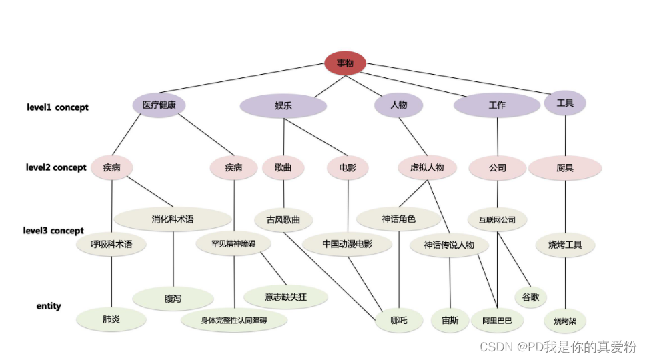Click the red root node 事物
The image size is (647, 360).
click(345, 63)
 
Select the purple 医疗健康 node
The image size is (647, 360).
click(159, 105)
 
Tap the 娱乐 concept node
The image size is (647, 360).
click(283, 106)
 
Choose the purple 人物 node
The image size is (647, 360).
click(398, 105)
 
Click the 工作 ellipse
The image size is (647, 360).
click(497, 105)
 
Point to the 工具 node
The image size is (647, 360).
click(565, 103)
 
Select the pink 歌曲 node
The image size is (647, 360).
click(283, 168)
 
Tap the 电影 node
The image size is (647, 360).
click(348, 168)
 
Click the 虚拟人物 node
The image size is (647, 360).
click(427, 167)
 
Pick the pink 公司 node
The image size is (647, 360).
click(497, 168)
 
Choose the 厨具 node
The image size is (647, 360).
click(565, 168)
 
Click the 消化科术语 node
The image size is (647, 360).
click(173, 219)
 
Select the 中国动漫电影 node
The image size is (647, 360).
click(347, 244)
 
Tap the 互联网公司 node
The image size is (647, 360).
click(497, 219)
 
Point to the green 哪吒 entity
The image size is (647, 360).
click(399, 321)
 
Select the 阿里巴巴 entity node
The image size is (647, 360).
click(497, 321)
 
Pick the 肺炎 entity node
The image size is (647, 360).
click(111, 319)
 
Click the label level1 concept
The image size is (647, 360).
click(57, 107)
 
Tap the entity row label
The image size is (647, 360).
click(49, 306)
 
